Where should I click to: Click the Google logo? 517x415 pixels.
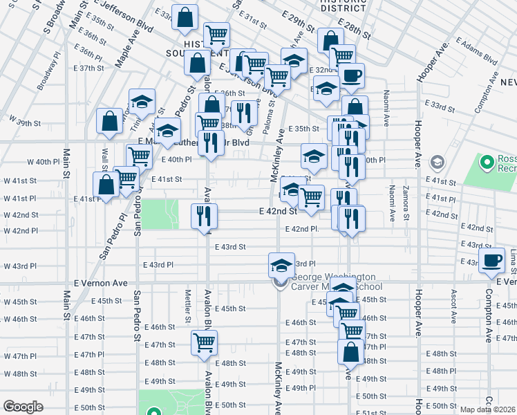click(23, 407)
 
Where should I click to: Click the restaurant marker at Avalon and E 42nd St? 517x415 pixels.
click(207, 215)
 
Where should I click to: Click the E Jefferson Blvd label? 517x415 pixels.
click(124, 16)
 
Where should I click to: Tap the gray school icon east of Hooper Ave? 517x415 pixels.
click(437, 163)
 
